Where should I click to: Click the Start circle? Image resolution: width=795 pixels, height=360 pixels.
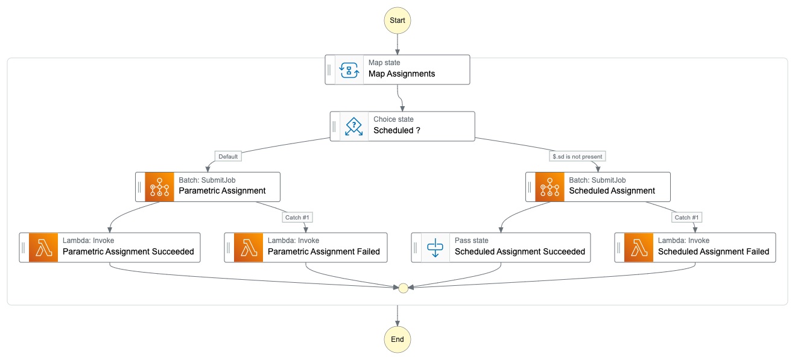tap(397, 20)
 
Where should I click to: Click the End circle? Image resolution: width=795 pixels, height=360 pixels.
tap(397, 339)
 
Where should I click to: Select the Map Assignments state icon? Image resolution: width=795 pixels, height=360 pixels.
tap(349, 70)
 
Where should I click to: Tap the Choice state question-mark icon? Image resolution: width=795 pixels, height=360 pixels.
tap(354, 126)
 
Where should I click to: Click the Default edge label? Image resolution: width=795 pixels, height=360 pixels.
tap(228, 157)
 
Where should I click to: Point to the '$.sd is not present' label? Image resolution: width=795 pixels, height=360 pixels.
tap(577, 157)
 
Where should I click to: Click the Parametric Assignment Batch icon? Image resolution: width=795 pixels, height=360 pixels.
tap(159, 187)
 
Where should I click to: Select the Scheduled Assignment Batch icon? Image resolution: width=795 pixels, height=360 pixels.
tap(550, 187)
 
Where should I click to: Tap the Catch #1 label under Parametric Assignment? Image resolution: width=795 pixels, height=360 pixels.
tap(298, 217)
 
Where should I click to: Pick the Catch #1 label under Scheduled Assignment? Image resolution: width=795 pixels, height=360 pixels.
tap(688, 217)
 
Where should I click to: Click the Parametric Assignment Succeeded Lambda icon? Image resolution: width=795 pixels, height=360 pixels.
tap(43, 247)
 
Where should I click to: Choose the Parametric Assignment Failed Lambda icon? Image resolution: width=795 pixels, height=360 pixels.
tap(249, 247)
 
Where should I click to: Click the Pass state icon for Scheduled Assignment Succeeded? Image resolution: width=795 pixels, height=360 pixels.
tap(436, 247)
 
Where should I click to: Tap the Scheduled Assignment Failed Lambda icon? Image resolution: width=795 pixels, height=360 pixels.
tap(639, 247)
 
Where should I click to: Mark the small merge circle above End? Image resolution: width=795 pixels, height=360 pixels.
tap(404, 288)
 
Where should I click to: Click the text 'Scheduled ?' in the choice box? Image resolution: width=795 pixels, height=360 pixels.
tap(397, 131)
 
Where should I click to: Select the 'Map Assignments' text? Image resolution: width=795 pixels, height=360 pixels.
tap(402, 74)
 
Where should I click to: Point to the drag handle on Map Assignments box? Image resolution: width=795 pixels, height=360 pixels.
tap(329, 70)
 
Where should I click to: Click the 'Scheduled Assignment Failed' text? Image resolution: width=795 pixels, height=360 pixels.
tap(714, 251)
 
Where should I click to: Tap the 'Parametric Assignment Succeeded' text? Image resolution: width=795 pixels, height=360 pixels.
tap(128, 251)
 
